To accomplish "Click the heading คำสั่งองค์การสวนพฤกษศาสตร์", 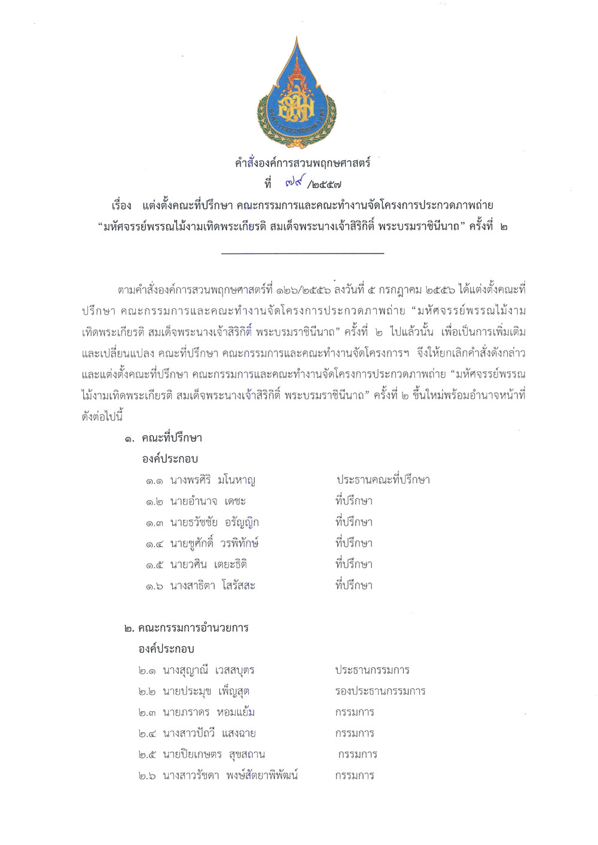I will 303,163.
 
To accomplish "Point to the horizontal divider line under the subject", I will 303,253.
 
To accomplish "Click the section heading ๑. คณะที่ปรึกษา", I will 163,438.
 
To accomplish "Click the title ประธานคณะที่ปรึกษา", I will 383,480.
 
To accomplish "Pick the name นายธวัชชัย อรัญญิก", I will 214,522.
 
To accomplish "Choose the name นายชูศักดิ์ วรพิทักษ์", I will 213,543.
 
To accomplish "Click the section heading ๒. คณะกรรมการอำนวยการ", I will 186,628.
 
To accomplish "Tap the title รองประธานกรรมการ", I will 380,691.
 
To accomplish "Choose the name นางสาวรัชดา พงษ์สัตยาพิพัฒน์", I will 230,776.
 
